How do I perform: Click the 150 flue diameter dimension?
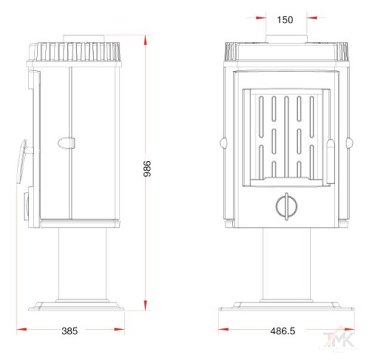tap(285, 20)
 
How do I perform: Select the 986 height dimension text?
tap(147, 169)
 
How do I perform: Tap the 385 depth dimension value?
tap(70, 331)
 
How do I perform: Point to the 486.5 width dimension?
tap(283, 331)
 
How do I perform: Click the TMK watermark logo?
tap(339, 339)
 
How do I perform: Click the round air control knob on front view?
tap(287, 206)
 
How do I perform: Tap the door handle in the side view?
tap(22, 161)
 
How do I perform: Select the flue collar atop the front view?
tap(287, 39)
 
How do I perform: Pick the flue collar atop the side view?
tap(83, 39)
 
